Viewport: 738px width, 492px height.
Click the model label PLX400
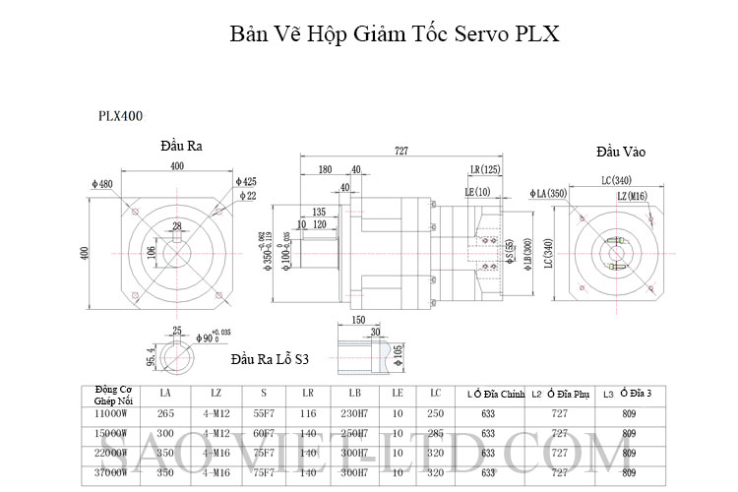pos(120,115)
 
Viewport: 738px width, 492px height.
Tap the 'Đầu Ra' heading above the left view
pos(181,146)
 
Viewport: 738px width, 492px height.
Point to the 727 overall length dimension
pos(401,151)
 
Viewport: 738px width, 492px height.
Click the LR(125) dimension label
pos(485,170)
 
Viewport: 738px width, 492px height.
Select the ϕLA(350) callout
pos(548,194)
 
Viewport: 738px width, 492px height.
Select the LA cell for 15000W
pos(165,433)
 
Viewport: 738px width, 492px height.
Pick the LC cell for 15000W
pos(435,433)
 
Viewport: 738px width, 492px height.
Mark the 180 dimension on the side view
pos(324,169)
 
